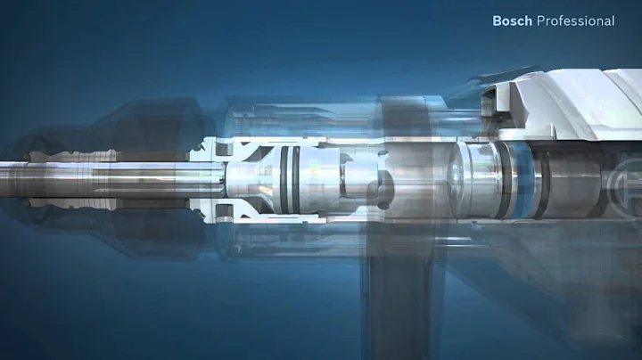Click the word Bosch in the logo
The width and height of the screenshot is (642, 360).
coord(512,20)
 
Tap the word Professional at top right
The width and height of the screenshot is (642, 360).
coord(576,20)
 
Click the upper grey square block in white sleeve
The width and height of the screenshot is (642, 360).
coord(223,149)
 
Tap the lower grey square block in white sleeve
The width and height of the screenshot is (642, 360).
coord(223,211)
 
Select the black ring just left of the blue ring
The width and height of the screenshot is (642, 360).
coord(506,180)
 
